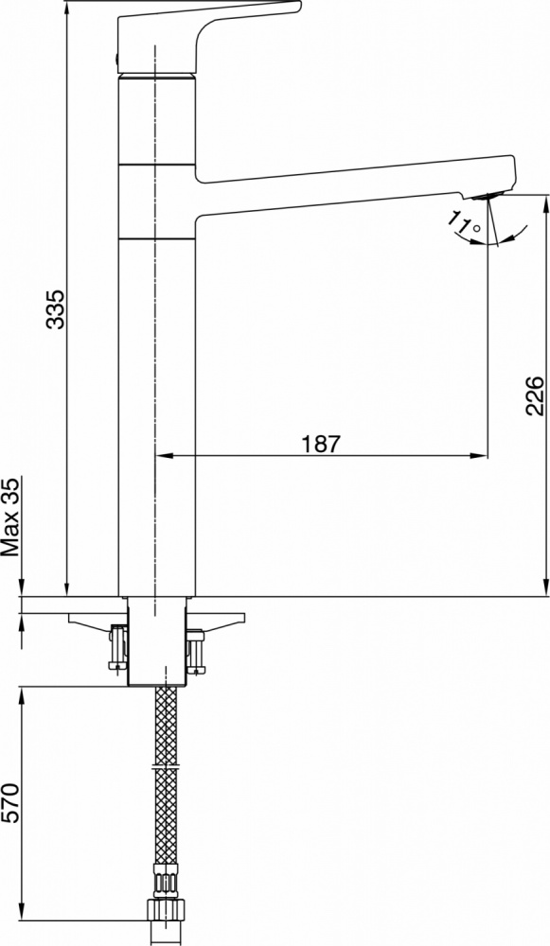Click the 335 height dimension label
pos(56,309)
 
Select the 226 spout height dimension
pos(535,395)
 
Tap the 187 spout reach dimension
pos(321,444)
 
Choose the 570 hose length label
pos(10,804)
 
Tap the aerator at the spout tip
pos(489,196)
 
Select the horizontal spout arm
pos(356,185)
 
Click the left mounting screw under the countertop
pos(118,648)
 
